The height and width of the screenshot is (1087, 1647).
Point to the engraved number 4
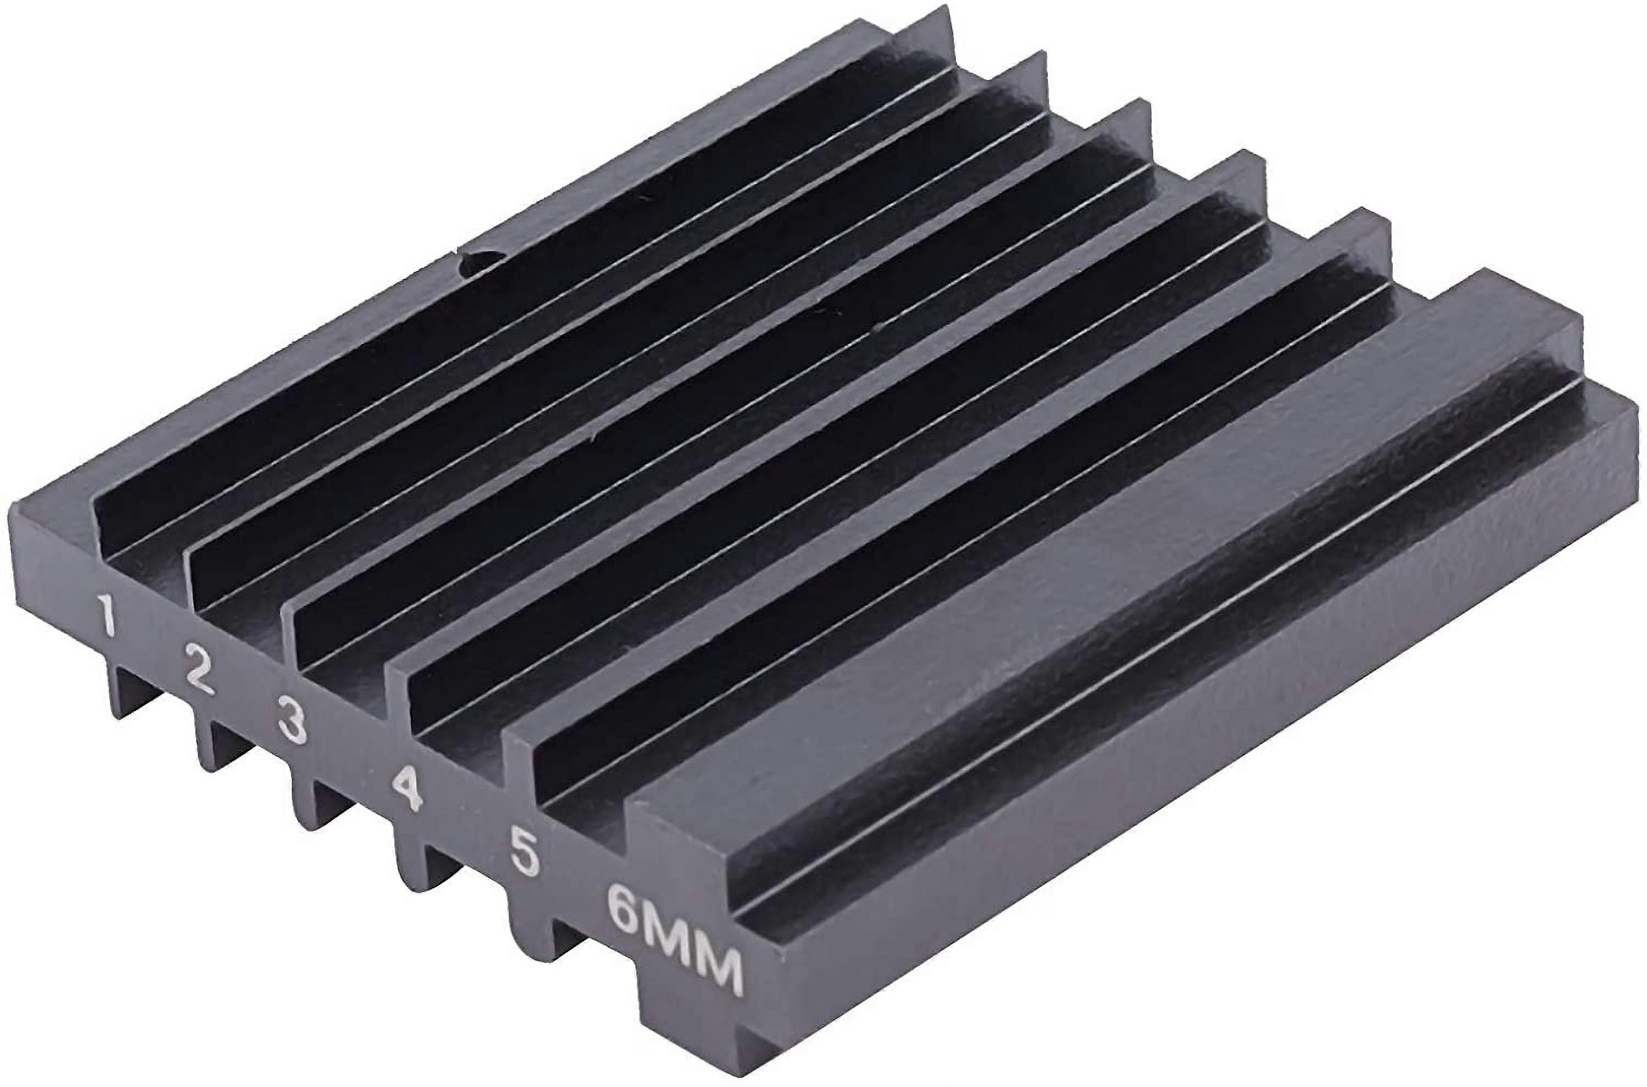406,787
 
